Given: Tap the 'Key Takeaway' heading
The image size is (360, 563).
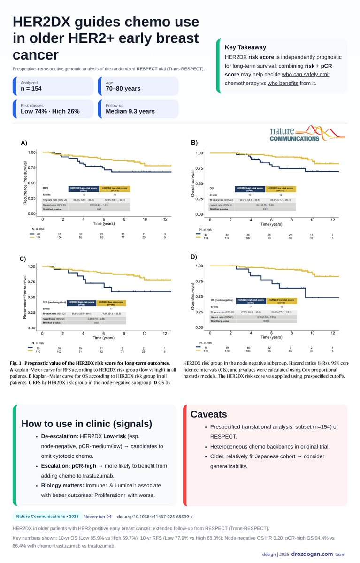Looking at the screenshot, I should (x=245, y=47).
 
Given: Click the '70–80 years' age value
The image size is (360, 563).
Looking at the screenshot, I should (x=123, y=89).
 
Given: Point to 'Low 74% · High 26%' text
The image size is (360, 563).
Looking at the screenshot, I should (x=50, y=111).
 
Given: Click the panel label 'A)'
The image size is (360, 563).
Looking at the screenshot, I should (x=23, y=143).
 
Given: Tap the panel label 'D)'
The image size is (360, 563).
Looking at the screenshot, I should (x=194, y=257).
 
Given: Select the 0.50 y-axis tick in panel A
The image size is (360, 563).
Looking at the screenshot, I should (x=32, y=183).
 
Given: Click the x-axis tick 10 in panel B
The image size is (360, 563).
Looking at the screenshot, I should (x=312, y=220).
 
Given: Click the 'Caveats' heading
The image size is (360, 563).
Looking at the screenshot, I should (x=208, y=414).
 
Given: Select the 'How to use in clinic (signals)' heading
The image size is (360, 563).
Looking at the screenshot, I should (x=87, y=424).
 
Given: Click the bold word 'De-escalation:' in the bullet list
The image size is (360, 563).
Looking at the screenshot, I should (x=56, y=436).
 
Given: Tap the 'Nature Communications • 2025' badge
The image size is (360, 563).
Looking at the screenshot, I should (x=47, y=517).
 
